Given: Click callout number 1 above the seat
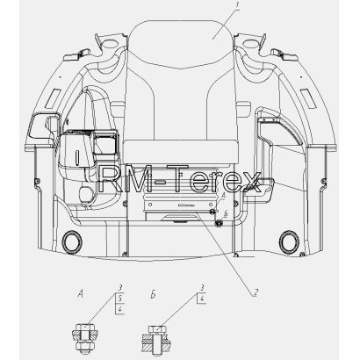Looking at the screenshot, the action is (x=237, y=5).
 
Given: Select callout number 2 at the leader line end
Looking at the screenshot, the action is (x=256, y=292).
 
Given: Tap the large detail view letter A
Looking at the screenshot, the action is (x=80, y=294).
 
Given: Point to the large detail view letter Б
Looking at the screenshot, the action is (x=153, y=295).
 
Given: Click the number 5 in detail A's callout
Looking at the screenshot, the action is (x=120, y=299).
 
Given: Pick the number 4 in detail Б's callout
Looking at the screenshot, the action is (x=202, y=299).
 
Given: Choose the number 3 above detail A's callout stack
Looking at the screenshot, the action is (x=120, y=288).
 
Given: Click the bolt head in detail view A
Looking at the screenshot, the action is (x=84, y=328).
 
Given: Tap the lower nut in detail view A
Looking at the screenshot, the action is (x=84, y=346).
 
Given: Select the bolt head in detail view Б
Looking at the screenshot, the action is (x=157, y=329).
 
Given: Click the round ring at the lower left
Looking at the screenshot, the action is (x=72, y=241).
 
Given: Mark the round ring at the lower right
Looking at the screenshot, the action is (x=289, y=241).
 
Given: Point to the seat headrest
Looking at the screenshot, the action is (x=180, y=44).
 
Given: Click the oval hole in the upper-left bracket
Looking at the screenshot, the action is (x=110, y=44).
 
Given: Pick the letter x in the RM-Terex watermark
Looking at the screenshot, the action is (x=251, y=183).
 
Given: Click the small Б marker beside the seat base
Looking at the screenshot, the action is (x=226, y=214).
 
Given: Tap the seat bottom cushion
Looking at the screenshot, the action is (x=182, y=151).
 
